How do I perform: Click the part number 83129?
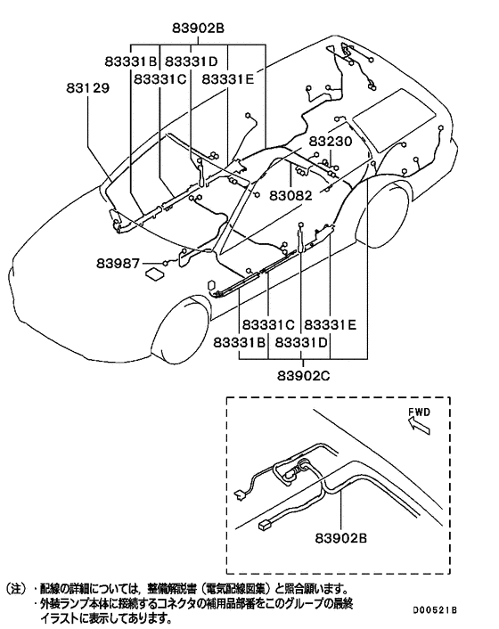(x=88, y=89)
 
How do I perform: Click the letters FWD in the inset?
(x=421, y=413)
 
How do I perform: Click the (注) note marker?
(x=18, y=589)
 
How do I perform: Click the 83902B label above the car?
(x=194, y=27)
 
